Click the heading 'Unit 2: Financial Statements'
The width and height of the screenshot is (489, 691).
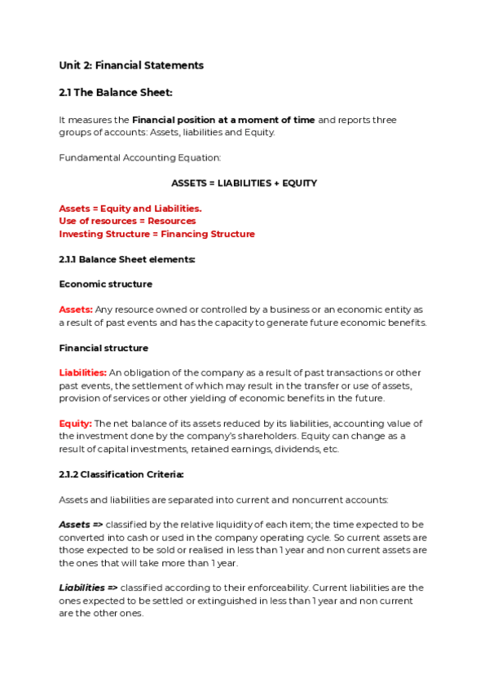pyautogui.click(x=131, y=65)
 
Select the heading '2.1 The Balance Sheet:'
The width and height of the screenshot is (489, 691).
pyautogui.click(x=116, y=93)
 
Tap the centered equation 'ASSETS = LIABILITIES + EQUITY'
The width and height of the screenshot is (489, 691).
pyautogui.click(x=244, y=183)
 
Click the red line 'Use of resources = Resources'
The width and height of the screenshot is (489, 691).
pyautogui.click(x=127, y=221)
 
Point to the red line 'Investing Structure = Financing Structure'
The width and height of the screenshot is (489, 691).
pyautogui.click(x=156, y=234)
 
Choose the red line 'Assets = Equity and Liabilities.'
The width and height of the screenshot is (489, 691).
pyautogui.click(x=130, y=209)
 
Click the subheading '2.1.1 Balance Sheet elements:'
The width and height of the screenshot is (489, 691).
pyautogui.click(x=126, y=259)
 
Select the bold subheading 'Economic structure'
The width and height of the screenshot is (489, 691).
pyautogui.click(x=105, y=284)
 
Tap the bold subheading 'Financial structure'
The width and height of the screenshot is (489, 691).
pyautogui.click(x=104, y=348)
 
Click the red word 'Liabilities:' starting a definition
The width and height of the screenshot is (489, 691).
pyautogui.click(x=82, y=373)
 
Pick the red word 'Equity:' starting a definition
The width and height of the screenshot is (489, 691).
pyautogui.click(x=75, y=424)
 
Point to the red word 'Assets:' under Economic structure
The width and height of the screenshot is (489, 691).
pyautogui.click(x=76, y=310)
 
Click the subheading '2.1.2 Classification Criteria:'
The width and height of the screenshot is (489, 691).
pyautogui.click(x=121, y=474)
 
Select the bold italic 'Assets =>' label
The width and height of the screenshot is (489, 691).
pyautogui.click(x=81, y=525)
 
